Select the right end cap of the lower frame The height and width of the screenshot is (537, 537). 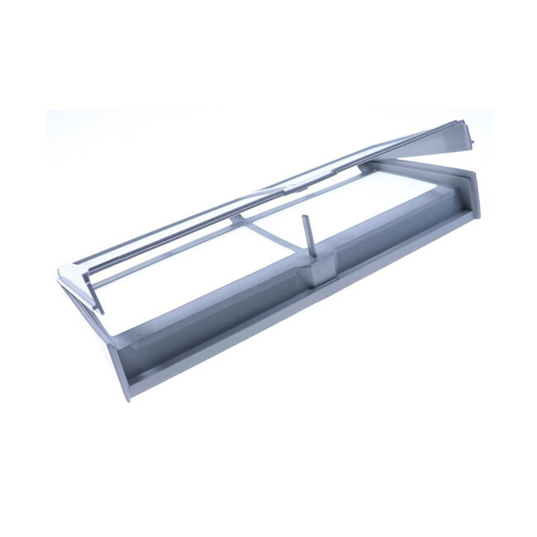(472, 190)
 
